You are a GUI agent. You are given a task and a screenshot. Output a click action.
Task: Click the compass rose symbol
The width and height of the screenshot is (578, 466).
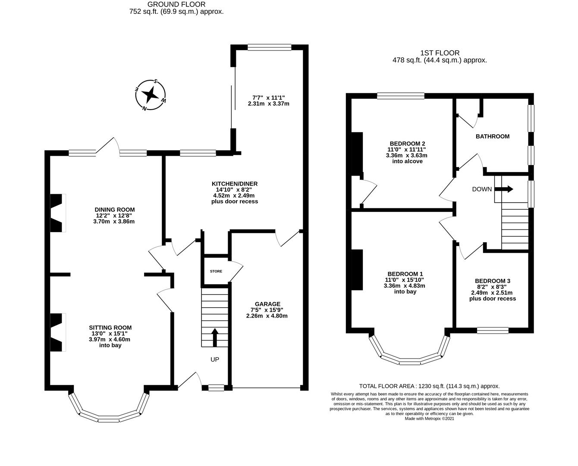pyautogui.click(x=151, y=94)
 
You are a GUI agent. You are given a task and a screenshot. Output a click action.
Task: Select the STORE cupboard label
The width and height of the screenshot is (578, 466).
pyautogui.click(x=216, y=271)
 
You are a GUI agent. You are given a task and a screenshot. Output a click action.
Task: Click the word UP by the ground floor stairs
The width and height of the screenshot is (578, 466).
pyautogui.click(x=215, y=359)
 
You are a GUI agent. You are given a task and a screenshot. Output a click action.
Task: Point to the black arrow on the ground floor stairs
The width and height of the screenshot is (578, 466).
pyautogui.click(x=215, y=337)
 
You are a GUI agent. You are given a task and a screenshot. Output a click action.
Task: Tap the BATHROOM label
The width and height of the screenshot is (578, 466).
pyautogui.click(x=492, y=136)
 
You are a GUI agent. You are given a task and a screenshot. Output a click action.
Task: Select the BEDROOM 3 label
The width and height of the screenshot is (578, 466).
pyautogui.click(x=492, y=281)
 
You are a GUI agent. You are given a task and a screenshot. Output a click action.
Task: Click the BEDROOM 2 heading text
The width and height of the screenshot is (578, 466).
pyautogui.click(x=408, y=143)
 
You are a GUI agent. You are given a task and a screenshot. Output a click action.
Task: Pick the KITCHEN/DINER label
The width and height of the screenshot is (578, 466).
pyautogui.click(x=234, y=184)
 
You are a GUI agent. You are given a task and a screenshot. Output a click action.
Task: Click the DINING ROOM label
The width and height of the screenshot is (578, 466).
pyautogui.click(x=115, y=210)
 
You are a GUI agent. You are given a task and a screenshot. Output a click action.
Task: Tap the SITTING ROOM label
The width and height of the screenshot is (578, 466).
pyautogui.click(x=110, y=327)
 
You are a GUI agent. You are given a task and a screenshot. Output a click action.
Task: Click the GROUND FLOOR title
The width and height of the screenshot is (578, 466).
pyautogui.click(x=176, y=4)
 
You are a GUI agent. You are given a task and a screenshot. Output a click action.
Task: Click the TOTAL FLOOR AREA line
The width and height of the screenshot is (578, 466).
pyautogui.click(x=429, y=386)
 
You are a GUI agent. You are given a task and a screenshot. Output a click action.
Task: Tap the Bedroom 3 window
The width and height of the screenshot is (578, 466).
pyautogui.click(x=493, y=331)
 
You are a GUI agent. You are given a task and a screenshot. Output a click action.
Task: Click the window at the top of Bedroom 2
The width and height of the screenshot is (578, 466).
pyautogui.click(x=401, y=96)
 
